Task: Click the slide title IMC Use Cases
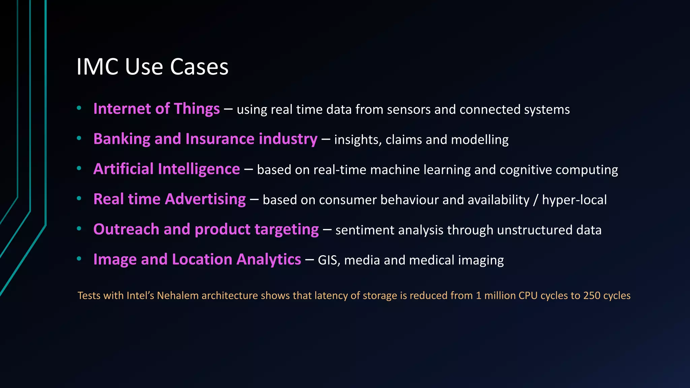click(x=152, y=67)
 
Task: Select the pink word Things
click(x=197, y=109)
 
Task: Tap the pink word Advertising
click(x=205, y=199)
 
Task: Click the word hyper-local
click(x=574, y=200)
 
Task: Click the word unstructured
click(x=535, y=230)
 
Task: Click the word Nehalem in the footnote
click(x=178, y=296)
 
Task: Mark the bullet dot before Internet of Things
click(x=79, y=108)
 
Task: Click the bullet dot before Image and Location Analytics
click(x=79, y=259)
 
